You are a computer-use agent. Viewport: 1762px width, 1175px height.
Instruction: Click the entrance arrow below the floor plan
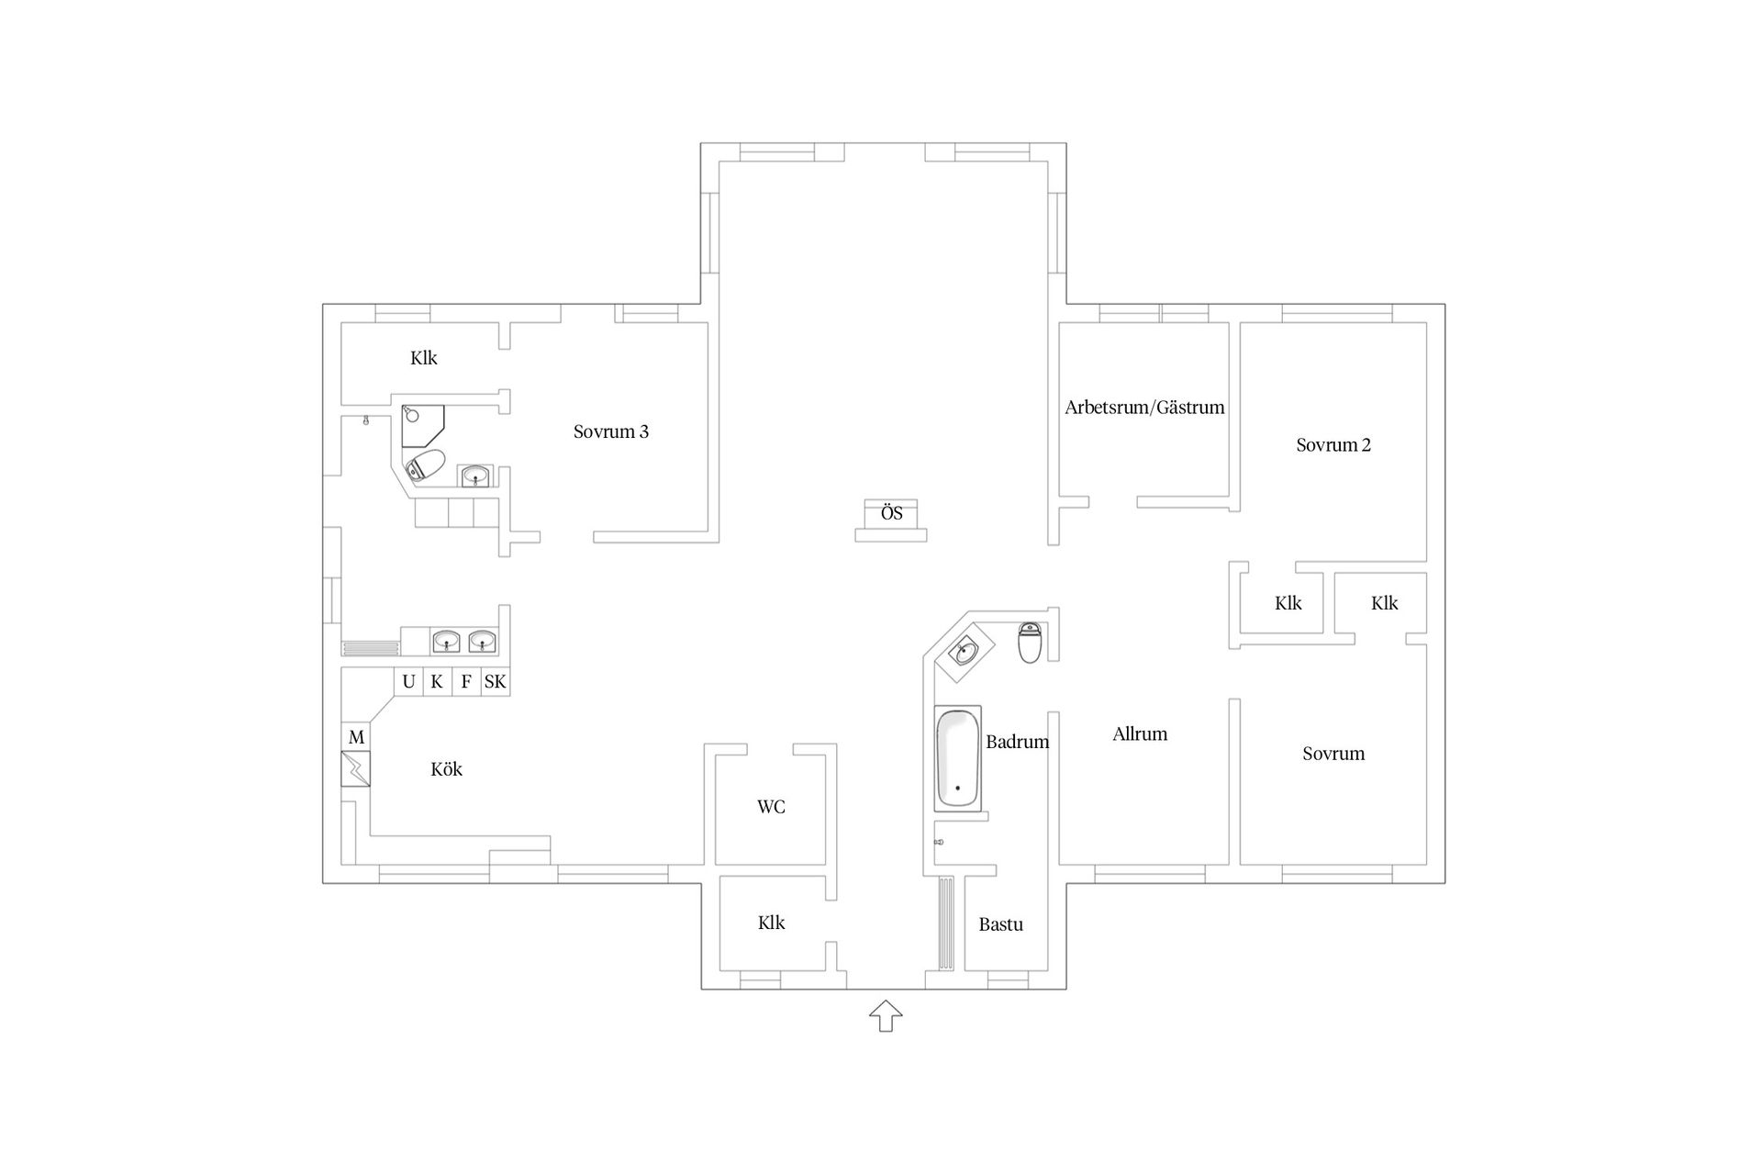click(886, 1016)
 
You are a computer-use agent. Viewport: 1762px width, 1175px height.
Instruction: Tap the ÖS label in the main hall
click(892, 513)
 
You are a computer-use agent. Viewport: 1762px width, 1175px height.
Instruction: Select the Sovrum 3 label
click(611, 431)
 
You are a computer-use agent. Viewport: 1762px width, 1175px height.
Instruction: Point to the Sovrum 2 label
click(1333, 445)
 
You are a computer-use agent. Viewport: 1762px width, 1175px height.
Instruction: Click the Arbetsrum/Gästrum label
click(1144, 408)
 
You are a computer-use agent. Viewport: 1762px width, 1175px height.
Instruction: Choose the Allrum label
click(1140, 734)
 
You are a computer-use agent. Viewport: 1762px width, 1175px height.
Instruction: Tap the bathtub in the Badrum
click(957, 758)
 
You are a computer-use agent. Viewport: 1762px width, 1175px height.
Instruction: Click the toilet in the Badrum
click(1030, 642)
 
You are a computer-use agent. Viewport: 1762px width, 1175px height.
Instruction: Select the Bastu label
click(1000, 925)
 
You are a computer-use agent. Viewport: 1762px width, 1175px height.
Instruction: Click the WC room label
click(771, 808)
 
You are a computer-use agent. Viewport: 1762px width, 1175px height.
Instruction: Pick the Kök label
click(447, 769)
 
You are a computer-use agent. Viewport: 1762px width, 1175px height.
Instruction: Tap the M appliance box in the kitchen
click(356, 737)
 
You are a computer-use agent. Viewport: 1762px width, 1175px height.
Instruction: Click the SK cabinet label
click(495, 682)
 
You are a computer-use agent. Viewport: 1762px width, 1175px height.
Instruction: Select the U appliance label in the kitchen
click(409, 682)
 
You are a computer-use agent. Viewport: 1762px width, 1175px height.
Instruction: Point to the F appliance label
click(466, 682)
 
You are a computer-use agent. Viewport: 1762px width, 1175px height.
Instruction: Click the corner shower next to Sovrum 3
click(422, 425)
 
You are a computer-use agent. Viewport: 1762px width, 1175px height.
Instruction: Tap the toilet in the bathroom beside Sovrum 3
click(426, 465)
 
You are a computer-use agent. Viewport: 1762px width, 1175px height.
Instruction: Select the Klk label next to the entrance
click(771, 923)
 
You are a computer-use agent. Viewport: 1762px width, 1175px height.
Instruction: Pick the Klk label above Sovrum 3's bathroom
click(424, 359)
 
